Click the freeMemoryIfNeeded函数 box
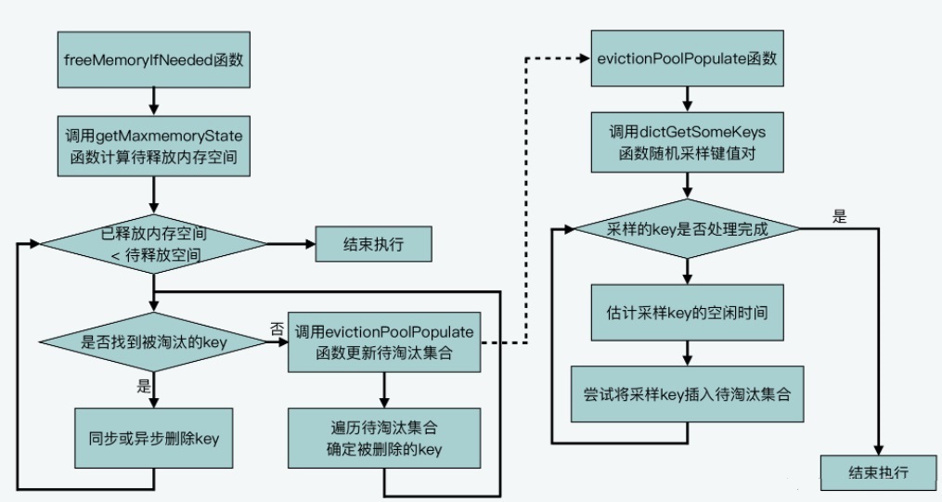(x=154, y=59)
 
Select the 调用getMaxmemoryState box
(x=154, y=147)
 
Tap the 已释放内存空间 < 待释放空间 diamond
(x=154, y=244)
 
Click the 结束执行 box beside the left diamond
(x=374, y=244)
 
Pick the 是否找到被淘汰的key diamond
(x=154, y=342)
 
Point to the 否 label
(x=277, y=329)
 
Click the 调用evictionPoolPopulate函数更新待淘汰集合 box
(x=384, y=342)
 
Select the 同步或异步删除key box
(x=154, y=438)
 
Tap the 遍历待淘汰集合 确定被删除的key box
(x=384, y=438)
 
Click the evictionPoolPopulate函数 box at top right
(x=688, y=58)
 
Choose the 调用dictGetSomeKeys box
(x=688, y=142)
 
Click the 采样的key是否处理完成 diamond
(x=688, y=229)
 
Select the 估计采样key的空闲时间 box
(x=688, y=313)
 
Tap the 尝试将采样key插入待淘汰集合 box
(x=688, y=394)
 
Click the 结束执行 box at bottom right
(x=878, y=472)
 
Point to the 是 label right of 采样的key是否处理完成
(x=839, y=217)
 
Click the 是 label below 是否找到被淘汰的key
(x=144, y=385)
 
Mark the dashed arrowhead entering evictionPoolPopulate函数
(x=585, y=58)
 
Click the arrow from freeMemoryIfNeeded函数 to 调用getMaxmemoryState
(x=154, y=101)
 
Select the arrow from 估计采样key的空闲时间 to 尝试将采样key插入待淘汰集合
(x=688, y=354)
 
